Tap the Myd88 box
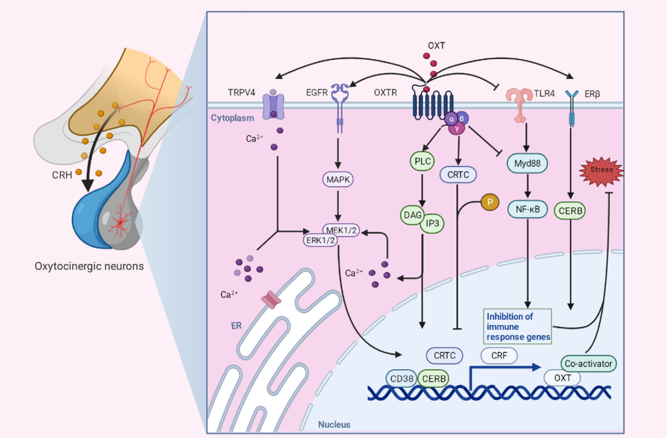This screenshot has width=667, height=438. (527, 164)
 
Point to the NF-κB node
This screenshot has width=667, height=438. (527, 210)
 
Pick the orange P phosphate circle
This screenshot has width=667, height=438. (489, 203)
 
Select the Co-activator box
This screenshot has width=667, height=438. (588, 364)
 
